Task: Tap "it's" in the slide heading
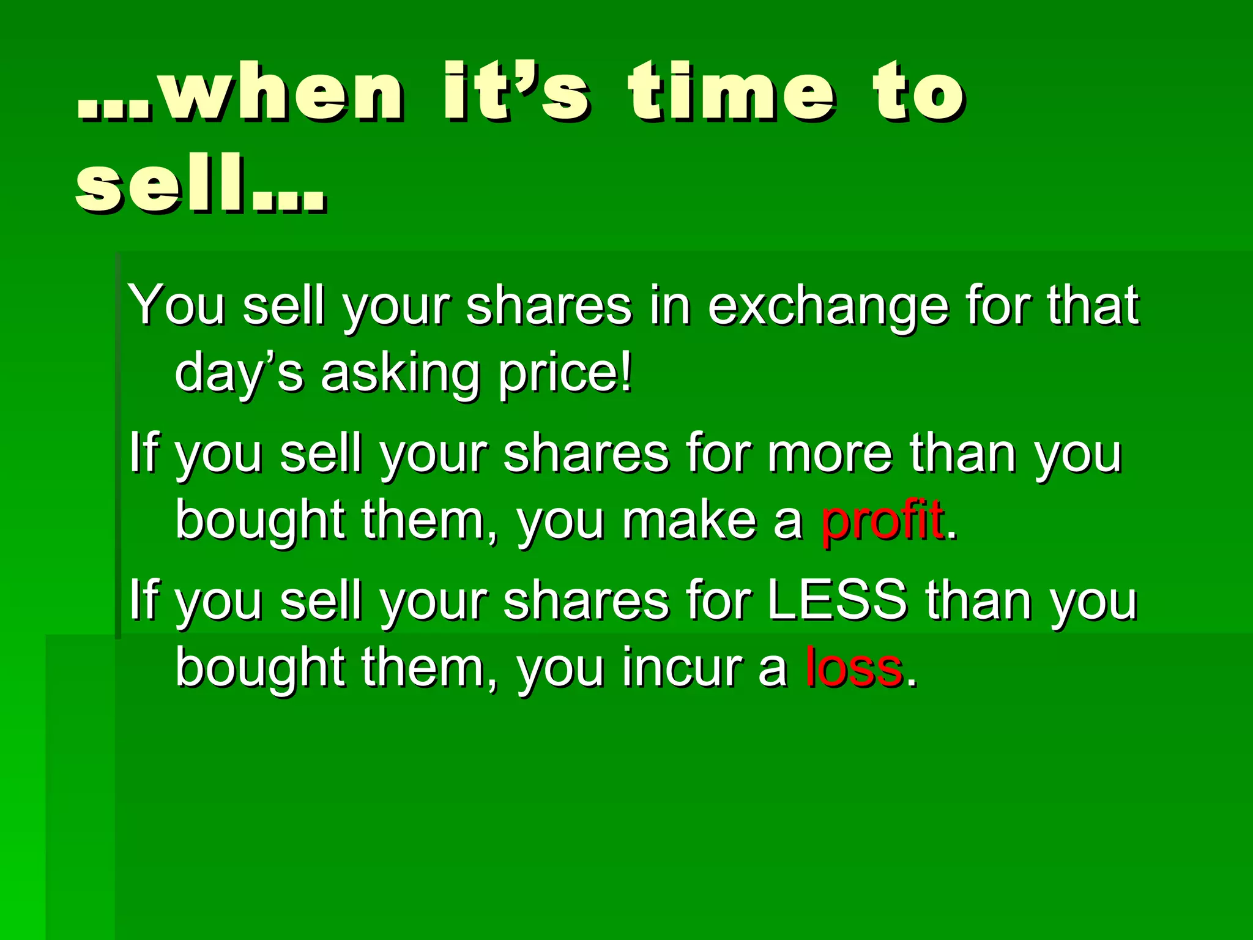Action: (x=516, y=92)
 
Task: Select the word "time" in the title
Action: (x=732, y=92)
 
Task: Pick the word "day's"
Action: (x=239, y=373)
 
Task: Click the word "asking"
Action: (x=400, y=373)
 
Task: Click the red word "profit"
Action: (x=881, y=520)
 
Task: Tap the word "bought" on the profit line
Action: (x=260, y=520)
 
